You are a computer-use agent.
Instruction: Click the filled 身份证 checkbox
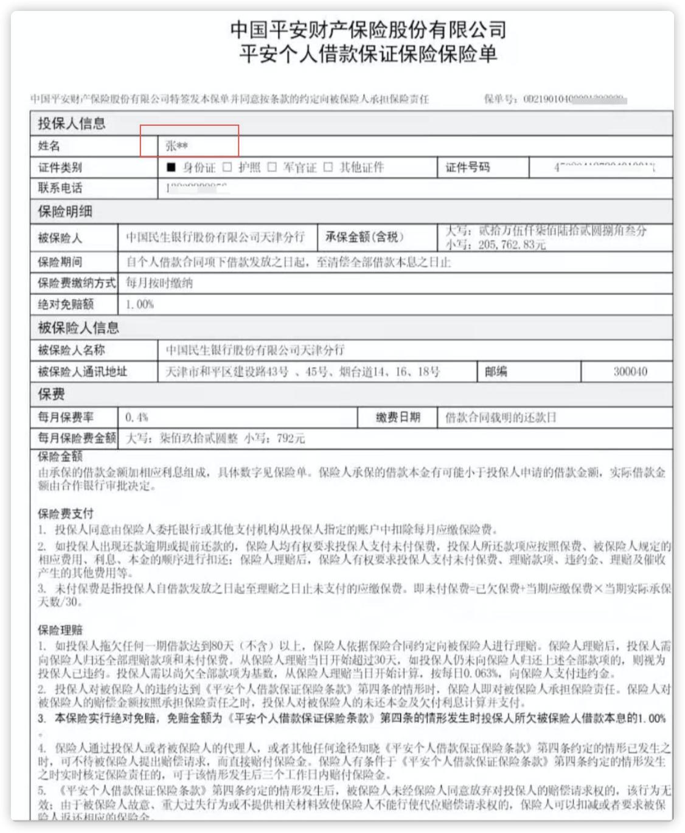pyautogui.click(x=171, y=167)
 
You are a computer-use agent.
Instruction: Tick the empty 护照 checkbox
pyautogui.click(x=228, y=167)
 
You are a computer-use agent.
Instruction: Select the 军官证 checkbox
pyautogui.click(x=272, y=167)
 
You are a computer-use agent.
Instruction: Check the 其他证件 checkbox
pyautogui.click(x=328, y=167)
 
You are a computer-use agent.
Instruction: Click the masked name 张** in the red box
pyautogui.click(x=177, y=146)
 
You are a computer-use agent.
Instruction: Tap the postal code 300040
pyautogui.click(x=630, y=372)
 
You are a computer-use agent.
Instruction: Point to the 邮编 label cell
pyautogui.click(x=496, y=372)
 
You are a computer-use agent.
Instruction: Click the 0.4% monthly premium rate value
pyautogui.click(x=137, y=418)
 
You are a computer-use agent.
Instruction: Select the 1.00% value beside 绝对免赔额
pyautogui.click(x=139, y=304)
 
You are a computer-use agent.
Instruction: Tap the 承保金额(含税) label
pyautogui.click(x=364, y=237)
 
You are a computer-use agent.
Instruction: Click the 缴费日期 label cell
pyautogui.click(x=398, y=418)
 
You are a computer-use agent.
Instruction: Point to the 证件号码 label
pyautogui.click(x=467, y=167)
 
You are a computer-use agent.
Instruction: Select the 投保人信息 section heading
pyautogui.click(x=72, y=123)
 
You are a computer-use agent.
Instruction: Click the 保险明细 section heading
pyautogui.click(x=65, y=212)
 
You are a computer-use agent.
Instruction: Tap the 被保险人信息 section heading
pyautogui.click(x=78, y=328)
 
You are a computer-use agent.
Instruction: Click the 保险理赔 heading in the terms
pyautogui.click(x=60, y=630)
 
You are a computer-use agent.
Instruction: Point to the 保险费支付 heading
pyautogui.click(x=66, y=514)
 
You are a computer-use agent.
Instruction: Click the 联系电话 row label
pyautogui.click(x=60, y=188)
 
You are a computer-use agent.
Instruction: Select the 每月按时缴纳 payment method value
pyautogui.click(x=159, y=283)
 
